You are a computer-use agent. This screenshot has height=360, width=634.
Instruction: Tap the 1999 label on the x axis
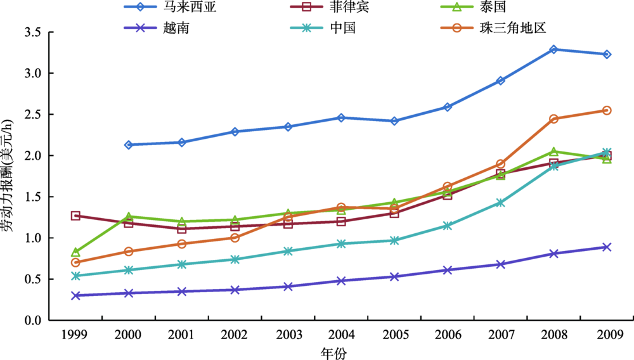75,335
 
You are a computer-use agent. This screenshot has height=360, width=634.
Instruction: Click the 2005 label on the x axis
394,335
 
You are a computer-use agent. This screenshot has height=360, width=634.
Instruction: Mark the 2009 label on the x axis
606,335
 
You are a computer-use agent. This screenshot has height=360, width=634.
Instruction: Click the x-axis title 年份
340,352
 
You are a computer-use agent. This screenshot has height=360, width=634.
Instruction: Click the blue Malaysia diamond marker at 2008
553,49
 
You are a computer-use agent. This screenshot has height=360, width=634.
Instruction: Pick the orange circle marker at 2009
606,110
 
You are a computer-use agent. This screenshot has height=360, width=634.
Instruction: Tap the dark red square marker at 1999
75,215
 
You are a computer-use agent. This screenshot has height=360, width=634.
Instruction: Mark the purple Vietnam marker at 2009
606,247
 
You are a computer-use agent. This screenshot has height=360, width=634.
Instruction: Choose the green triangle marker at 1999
75,252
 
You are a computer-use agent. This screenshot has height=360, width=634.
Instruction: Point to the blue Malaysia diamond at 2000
129,145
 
